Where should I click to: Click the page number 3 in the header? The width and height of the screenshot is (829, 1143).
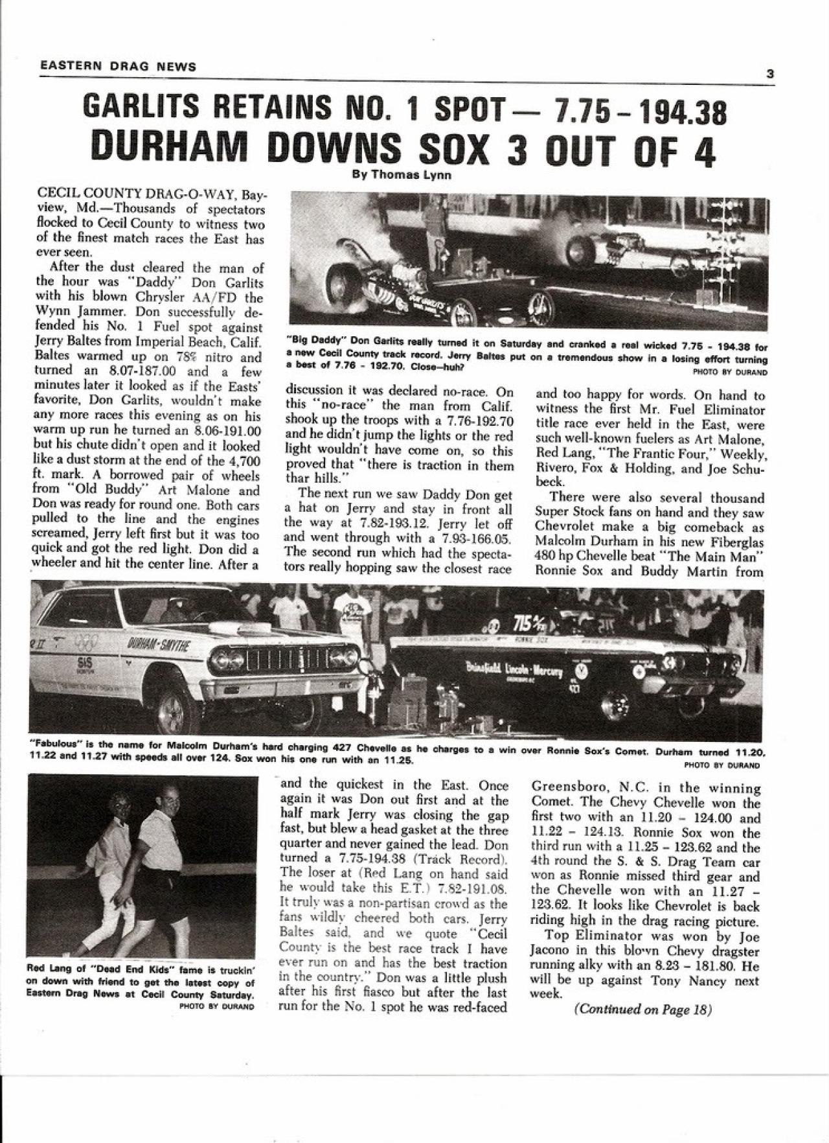770,74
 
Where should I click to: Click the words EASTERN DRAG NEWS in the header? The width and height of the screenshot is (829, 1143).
118,66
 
